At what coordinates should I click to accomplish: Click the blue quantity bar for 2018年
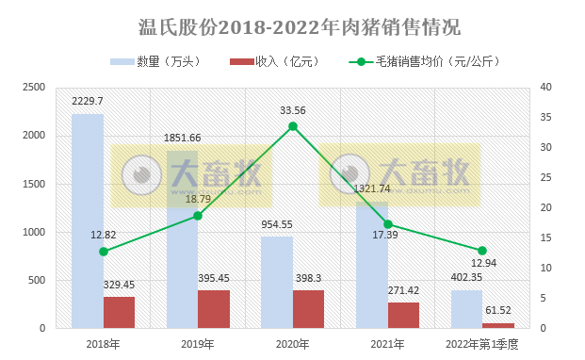88,221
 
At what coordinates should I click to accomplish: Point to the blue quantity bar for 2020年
277,282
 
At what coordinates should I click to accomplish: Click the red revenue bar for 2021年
403,315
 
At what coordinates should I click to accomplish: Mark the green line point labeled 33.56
293,126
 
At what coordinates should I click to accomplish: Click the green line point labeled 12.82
104,252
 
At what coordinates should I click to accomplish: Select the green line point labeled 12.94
482,251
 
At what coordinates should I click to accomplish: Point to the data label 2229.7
88,101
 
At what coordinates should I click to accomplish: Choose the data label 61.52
498,310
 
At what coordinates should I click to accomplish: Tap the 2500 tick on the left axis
34,87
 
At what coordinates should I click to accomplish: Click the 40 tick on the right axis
547,87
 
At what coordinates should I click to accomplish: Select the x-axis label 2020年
293,344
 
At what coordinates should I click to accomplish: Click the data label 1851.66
183,138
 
